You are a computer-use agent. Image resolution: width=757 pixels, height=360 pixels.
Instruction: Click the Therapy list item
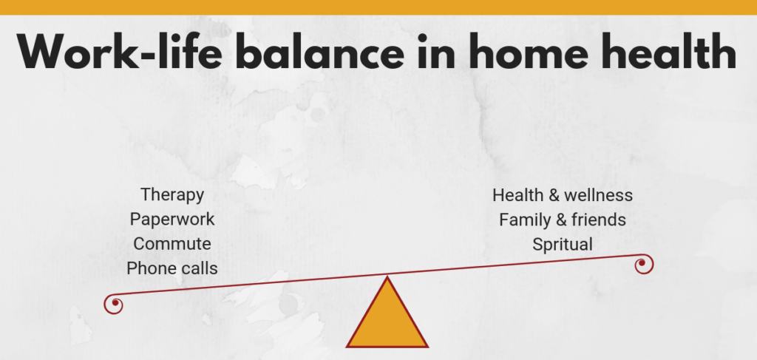click(x=172, y=195)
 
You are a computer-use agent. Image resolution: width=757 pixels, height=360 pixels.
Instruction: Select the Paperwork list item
click(x=172, y=220)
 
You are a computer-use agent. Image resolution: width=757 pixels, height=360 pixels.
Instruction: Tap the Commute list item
click(x=172, y=244)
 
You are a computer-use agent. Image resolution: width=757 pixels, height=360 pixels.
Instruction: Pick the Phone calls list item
click(x=172, y=268)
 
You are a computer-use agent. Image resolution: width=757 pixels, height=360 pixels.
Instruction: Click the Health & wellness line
click(x=563, y=195)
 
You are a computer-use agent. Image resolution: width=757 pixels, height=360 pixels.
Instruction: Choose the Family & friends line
click(x=563, y=220)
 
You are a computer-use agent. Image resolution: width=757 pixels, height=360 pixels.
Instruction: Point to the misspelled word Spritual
click(x=563, y=244)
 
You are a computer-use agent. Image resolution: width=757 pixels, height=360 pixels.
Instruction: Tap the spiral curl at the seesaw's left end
click(x=114, y=304)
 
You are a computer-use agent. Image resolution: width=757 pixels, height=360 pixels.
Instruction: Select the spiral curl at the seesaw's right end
click(x=644, y=263)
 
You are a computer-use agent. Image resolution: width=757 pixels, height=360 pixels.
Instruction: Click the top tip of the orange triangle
click(x=387, y=279)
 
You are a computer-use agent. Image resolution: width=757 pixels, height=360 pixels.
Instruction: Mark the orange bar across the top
click(x=378, y=7)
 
